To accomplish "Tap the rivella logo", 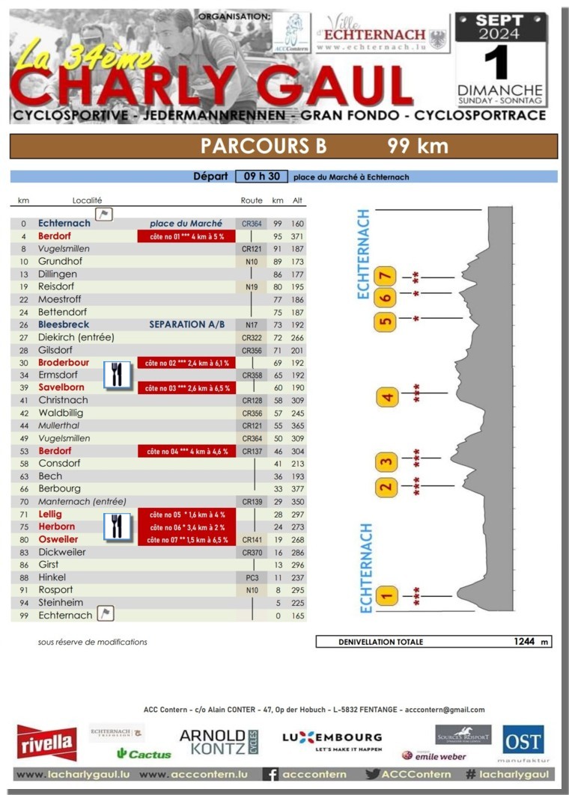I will [x=46, y=742].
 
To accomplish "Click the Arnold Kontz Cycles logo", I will [x=218, y=742].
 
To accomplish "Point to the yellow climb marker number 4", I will [x=387, y=396].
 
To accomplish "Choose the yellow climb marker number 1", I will [x=386, y=596].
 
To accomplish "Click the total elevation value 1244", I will [x=525, y=641].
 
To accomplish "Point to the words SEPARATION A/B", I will [x=186, y=325].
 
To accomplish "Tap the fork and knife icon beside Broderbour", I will [x=116, y=373].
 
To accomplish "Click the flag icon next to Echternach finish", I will [x=106, y=615].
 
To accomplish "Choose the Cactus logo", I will [x=144, y=754].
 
